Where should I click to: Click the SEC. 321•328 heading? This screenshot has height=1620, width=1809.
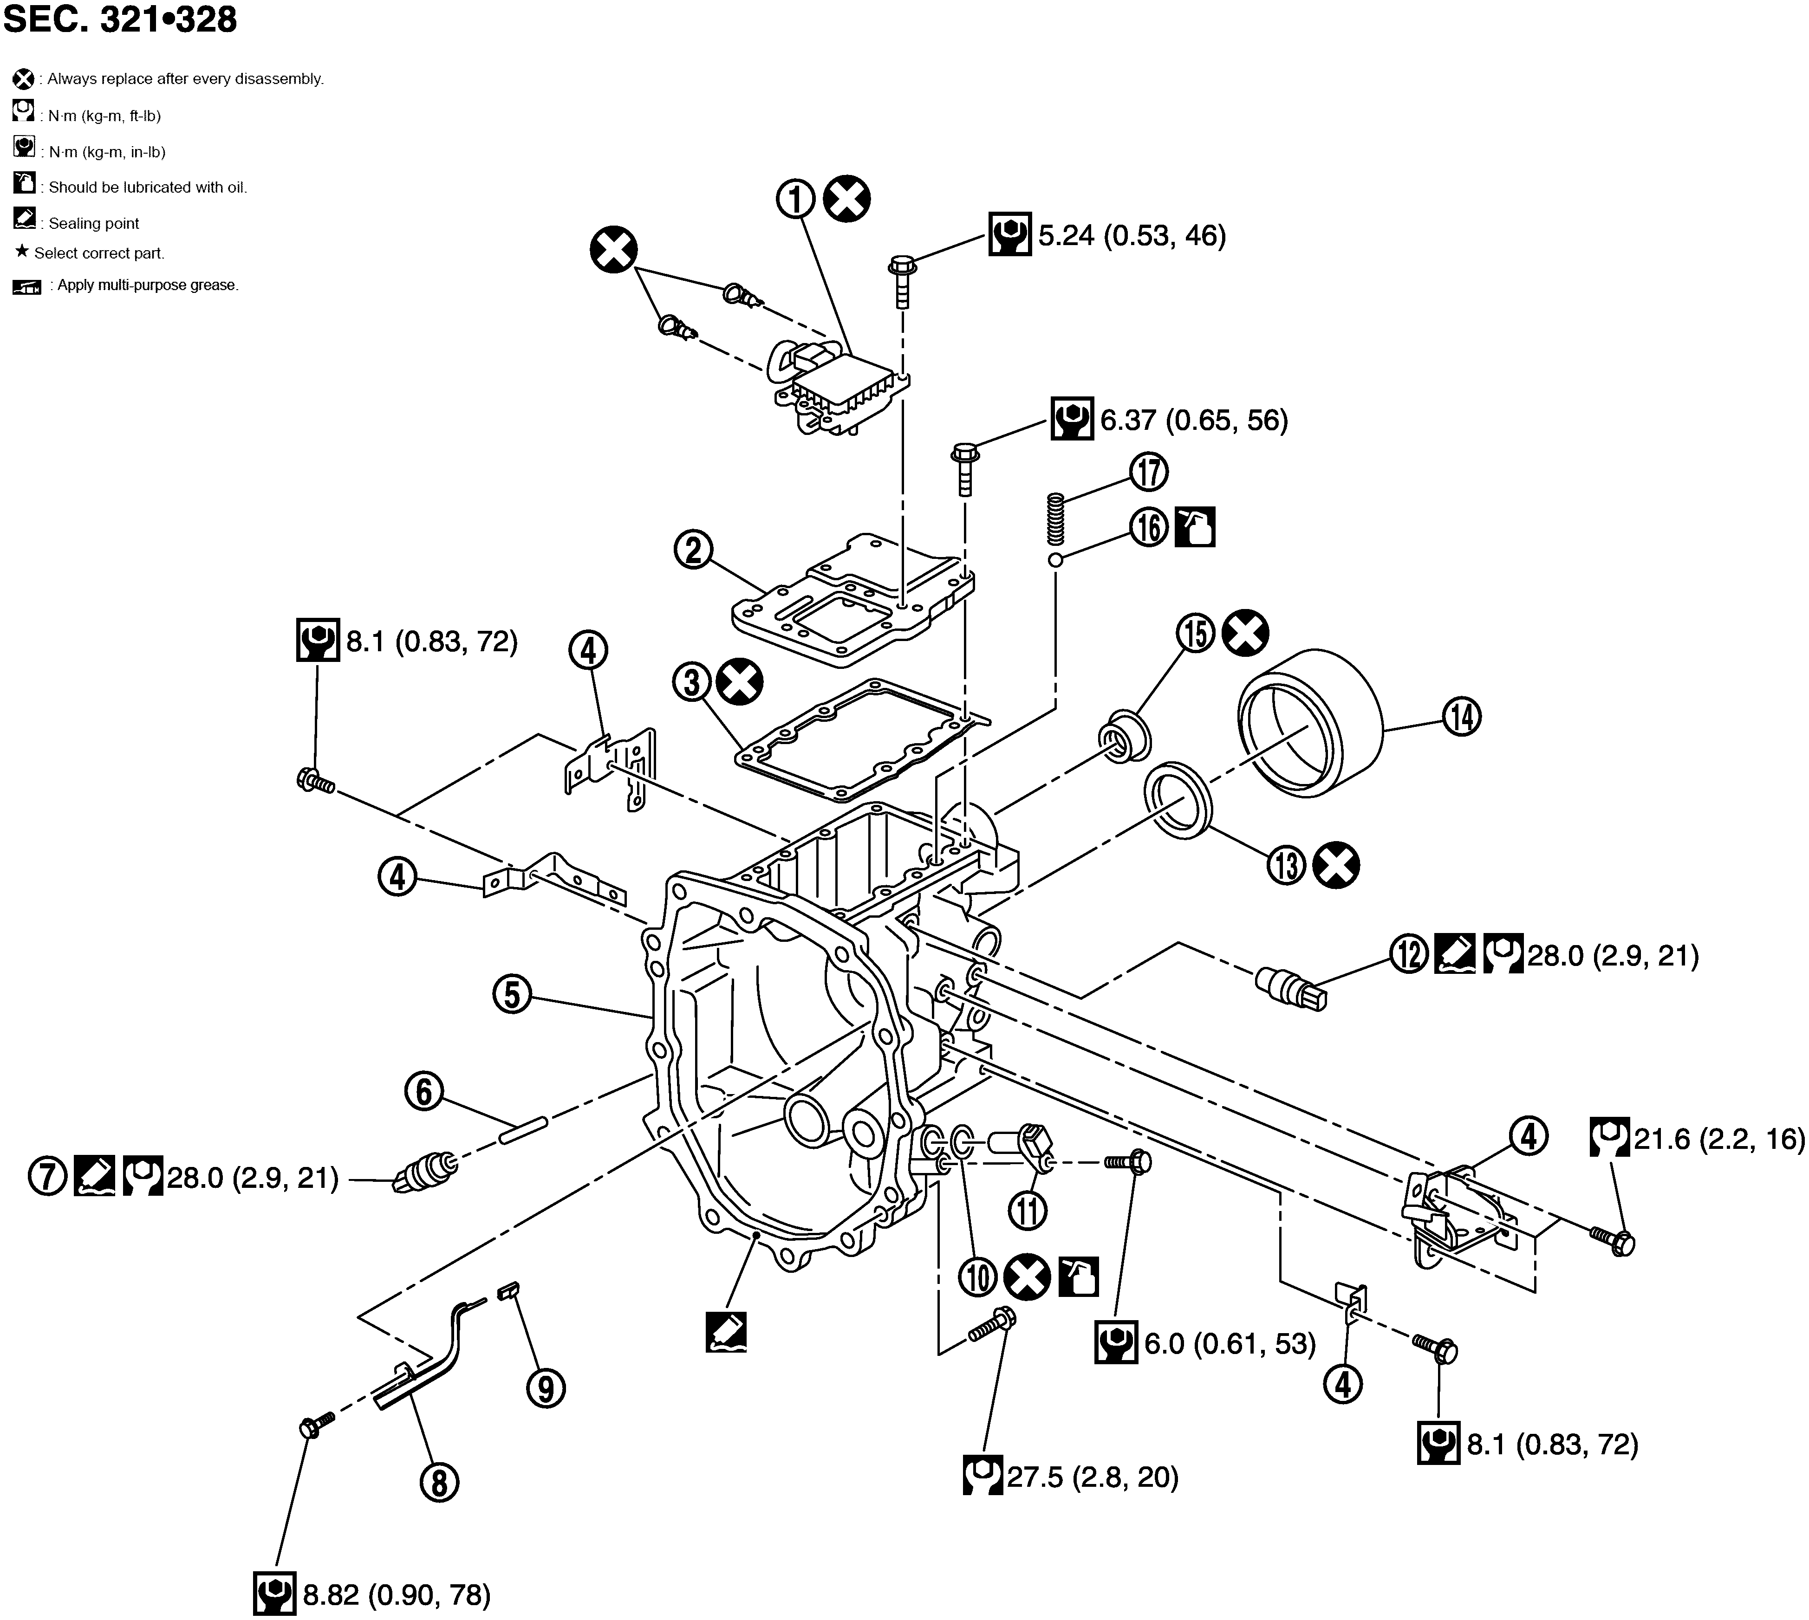121,19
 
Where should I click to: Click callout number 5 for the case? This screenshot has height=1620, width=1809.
512,994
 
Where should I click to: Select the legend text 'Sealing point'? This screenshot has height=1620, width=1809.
93,223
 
